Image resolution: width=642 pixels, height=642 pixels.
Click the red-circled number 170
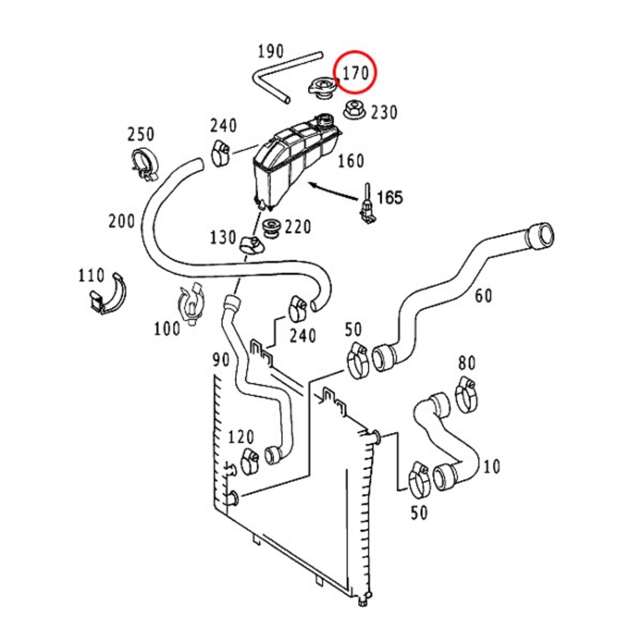pos(356,73)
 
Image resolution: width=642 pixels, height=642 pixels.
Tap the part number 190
pos(270,52)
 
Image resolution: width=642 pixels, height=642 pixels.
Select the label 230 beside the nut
pos(384,113)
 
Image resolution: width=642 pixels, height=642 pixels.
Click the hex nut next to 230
pos(354,109)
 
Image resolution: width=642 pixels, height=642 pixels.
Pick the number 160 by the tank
pos(351,161)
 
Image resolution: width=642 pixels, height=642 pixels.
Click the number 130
pos(223,238)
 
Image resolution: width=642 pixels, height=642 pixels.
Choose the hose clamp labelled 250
pos(144,163)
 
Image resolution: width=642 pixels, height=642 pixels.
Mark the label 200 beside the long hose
pos(122,222)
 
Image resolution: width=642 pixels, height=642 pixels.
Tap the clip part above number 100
pos(191,303)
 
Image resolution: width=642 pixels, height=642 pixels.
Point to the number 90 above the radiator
pos(221,360)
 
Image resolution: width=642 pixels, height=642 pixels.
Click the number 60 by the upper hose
pos(484,296)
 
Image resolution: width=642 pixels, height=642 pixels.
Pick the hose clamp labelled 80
pos(466,395)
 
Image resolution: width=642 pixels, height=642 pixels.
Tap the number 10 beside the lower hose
pos(492,466)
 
